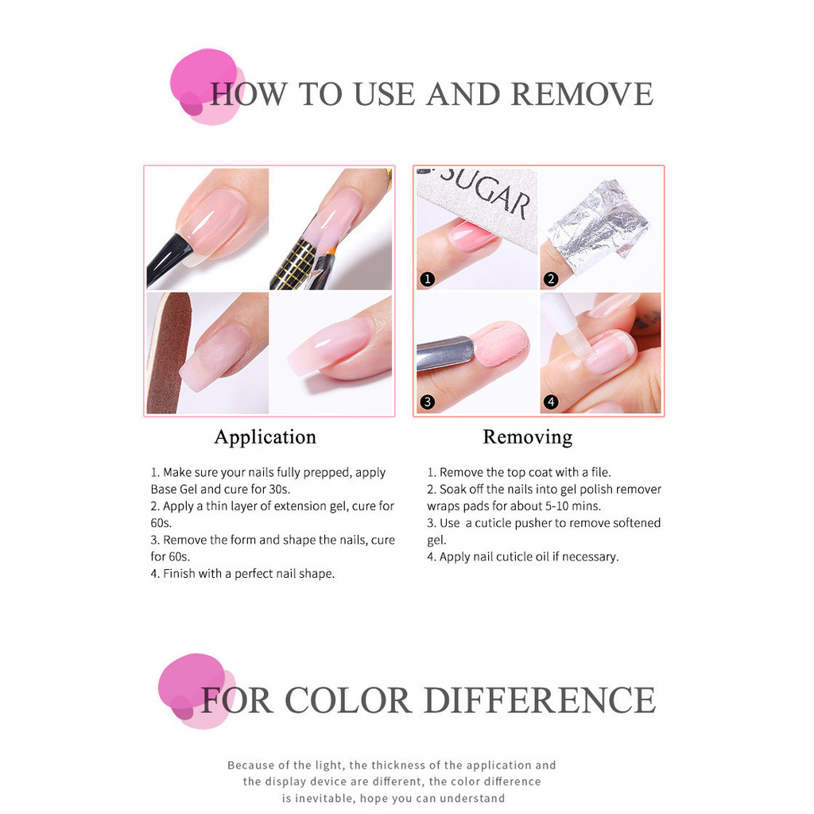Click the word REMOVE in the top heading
pyautogui.click(x=582, y=94)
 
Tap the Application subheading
pyautogui.click(x=266, y=438)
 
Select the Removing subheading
pyautogui.click(x=528, y=437)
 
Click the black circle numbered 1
pyautogui.click(x=427, y=279)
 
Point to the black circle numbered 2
pyautogui.click(x=550, y=279)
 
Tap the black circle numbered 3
pyautogui.click(x=427, y=401)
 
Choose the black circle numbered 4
pyautogui.click(x=550, y=401)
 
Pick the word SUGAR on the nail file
pyautogui.click(x=486, y=192)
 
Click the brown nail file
pyautogui.click(x=169, y=353)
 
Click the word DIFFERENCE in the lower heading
pyautogui.click(x=540, y=700)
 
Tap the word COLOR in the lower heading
pyautogui.click(x=348, y=700)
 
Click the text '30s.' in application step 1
pyautogui.click(x=279, y=490)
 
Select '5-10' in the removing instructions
pyautogui.click(x=556, y=506)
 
